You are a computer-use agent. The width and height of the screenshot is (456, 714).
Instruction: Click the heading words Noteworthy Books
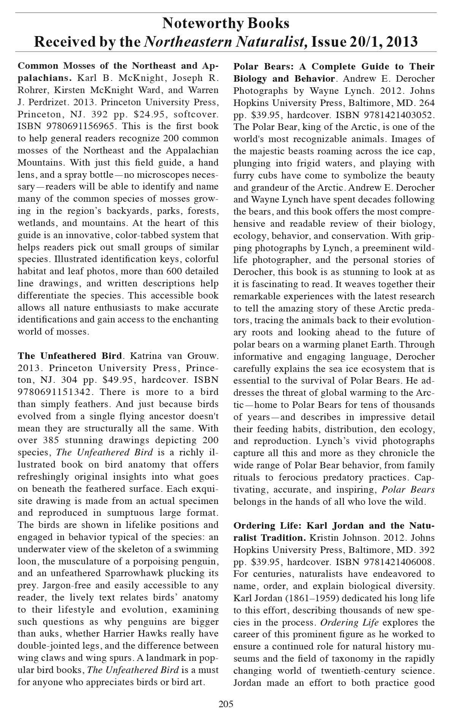tap(226, 24)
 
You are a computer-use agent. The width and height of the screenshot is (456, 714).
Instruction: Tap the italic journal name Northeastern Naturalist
tap(226, 41)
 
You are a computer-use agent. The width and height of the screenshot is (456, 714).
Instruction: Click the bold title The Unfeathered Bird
tap(70, 356)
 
